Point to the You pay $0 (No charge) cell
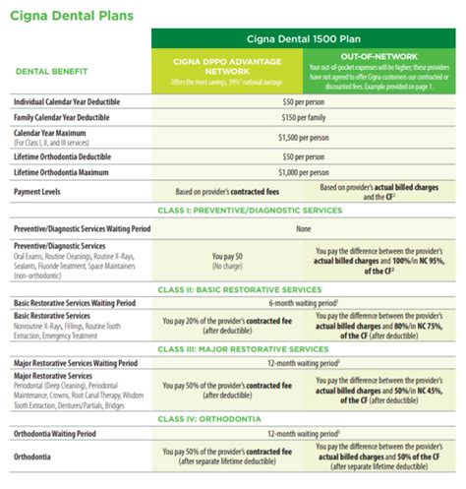click(x=227, y=259)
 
